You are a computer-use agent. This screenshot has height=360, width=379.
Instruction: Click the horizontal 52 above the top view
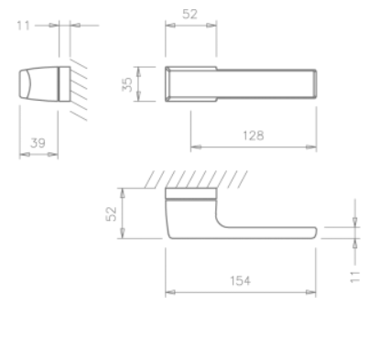click(x=190, y=15)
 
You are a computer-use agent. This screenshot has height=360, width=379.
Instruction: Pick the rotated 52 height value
click(x=111, y=213)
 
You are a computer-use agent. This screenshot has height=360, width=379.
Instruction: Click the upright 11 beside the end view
click(x=27, y=27)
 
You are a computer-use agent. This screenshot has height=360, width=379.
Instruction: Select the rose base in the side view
click(x=190, y=195)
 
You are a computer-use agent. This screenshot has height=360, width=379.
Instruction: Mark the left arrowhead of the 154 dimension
click(x=168, y=292)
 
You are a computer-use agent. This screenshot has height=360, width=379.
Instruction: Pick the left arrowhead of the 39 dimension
click(x=22, y=152)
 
